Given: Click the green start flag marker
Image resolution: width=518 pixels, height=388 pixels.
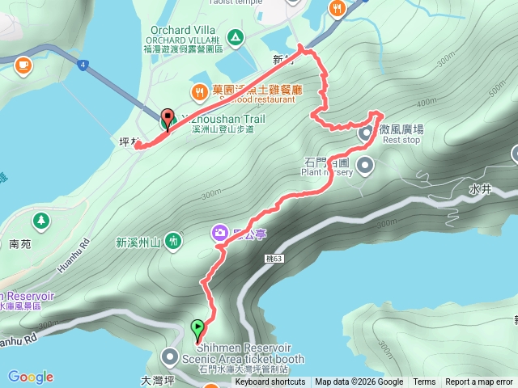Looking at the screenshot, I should pos(197,328).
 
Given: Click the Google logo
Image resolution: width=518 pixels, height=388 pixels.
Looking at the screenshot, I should pos(30,377).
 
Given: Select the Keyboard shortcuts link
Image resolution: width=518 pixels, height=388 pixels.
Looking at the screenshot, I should pos(270,382).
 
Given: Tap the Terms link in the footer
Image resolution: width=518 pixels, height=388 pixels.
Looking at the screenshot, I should pos(424,382).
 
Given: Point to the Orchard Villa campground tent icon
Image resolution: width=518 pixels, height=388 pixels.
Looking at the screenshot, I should pos(235,36).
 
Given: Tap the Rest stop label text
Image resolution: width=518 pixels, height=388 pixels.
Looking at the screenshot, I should pos(401,140).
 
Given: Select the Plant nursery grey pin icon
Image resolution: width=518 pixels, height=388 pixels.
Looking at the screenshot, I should pos(366,167).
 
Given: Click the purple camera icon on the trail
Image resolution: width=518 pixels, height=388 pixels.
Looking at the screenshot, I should pos(219,234).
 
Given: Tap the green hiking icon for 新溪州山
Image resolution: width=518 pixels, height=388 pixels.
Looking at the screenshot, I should pos(174,241).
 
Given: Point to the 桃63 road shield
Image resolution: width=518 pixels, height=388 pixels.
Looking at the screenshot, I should pos(274,259).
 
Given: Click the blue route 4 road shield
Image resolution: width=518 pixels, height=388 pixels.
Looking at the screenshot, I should pos(83,63).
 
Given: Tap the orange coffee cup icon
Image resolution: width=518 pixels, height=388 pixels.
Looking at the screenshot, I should pos(22,63).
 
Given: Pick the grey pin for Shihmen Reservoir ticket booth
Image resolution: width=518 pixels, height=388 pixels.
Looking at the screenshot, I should pos(170,356).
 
